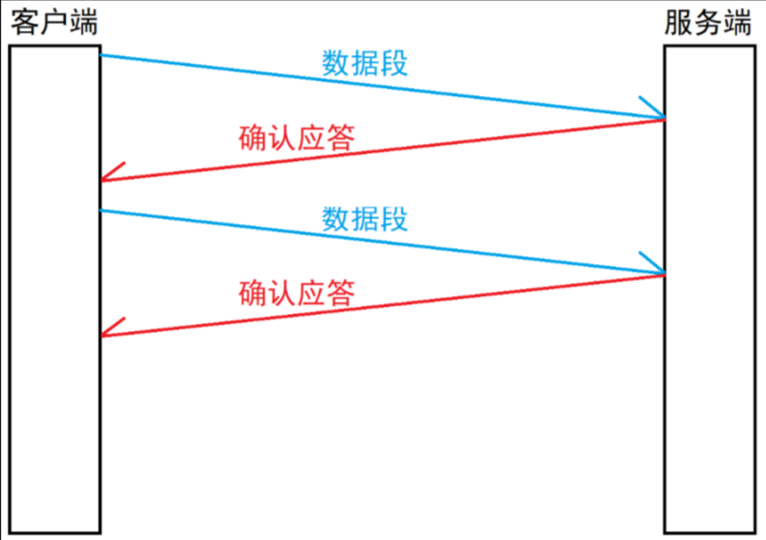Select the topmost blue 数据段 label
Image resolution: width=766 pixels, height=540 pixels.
pyautogui.click(x=364, y=62)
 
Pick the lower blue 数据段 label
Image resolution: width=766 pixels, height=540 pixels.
pyautogui.click(x=364, y=218)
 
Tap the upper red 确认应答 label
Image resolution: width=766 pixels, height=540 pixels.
pyautogui.click(x=296, y=137)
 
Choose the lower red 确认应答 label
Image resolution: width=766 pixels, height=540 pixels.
pyautogui.click(x=296, y=293)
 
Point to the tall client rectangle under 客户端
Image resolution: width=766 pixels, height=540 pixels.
pyautogui.click(x=54, y=289)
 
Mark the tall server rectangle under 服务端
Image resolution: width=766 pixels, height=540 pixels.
pyautogui.click(x=709, y=289)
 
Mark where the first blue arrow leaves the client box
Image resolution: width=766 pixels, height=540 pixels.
pyautogui.click(x=101, y=55)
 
